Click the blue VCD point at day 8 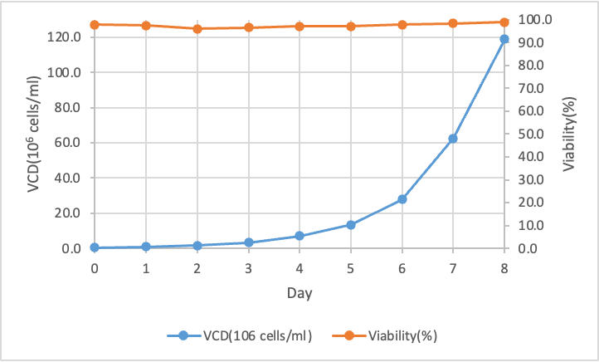coord(504,39)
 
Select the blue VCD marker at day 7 coord(453,139)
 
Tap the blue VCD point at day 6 coord(402,199)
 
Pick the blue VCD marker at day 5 coord(351,225)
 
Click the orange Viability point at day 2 coord(197,29)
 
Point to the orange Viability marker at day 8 coord(504,22)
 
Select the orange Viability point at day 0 coord(95,25)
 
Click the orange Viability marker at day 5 coord(351,27)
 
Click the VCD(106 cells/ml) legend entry coord(240,335)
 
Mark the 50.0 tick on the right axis coord(532,134)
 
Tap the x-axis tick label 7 coord(453,267)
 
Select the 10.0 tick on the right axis coord(532,225)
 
